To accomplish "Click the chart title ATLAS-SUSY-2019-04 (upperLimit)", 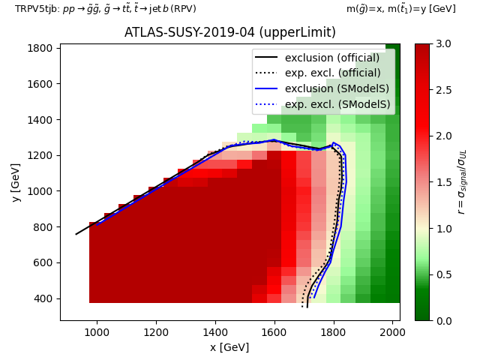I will coord(229,32).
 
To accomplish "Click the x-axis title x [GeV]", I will coord(229,347).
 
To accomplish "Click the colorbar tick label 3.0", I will coord(444,43).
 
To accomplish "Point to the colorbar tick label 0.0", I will coord(444,320).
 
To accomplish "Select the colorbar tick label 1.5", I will coord(444,182).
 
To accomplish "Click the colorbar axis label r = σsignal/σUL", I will coord(462,182).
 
